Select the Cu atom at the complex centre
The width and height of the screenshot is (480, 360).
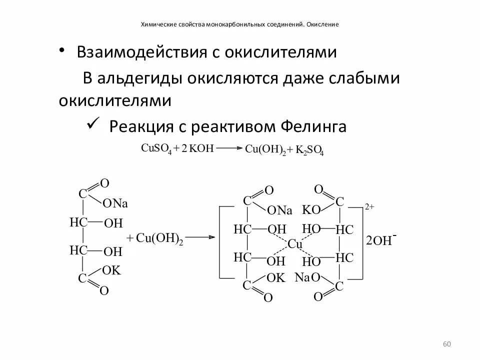coord(295,244)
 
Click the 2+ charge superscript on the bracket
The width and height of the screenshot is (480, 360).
coord(369,206)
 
